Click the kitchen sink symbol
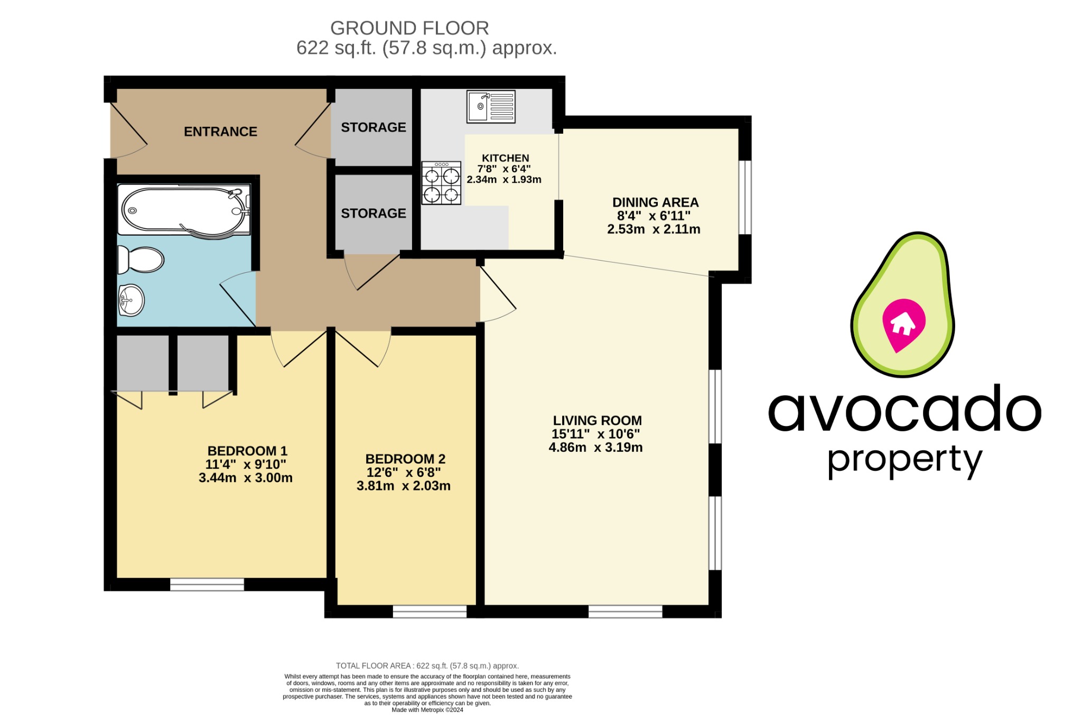pyautogui.click(x=491, y=106)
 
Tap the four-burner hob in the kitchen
pyautogui.click(x=441, y=183)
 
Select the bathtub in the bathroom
pyautogui.click(x=183, y=210)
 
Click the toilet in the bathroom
pyautogui.click(x=141, y=260)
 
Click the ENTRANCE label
pyautogui.click(x=220, y=132)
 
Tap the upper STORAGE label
pyautogui.click(x=373, y=127)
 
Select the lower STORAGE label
pyautogui.click(x=373, y=214)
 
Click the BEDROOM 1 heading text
pyautogui.click(x=247, y=451)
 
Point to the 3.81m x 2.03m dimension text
pyautogui.click(x=403, y=486)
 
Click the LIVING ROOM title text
pyautogui.click(x=597, y=421)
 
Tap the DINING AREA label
pyautogui.click(x=655, y=202)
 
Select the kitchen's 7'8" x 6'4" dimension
pyautogui.click(x=503, y=169)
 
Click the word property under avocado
pyautogui.click(x=904, y=459)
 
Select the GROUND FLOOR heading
pyautogui.click(x=409, y=28)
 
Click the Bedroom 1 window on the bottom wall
pyautogui.click(x=207, y=584)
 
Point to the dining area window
pyautogui.click(x=744, y=197)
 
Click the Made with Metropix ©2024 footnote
pyautogui.click(x=427, y=710)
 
